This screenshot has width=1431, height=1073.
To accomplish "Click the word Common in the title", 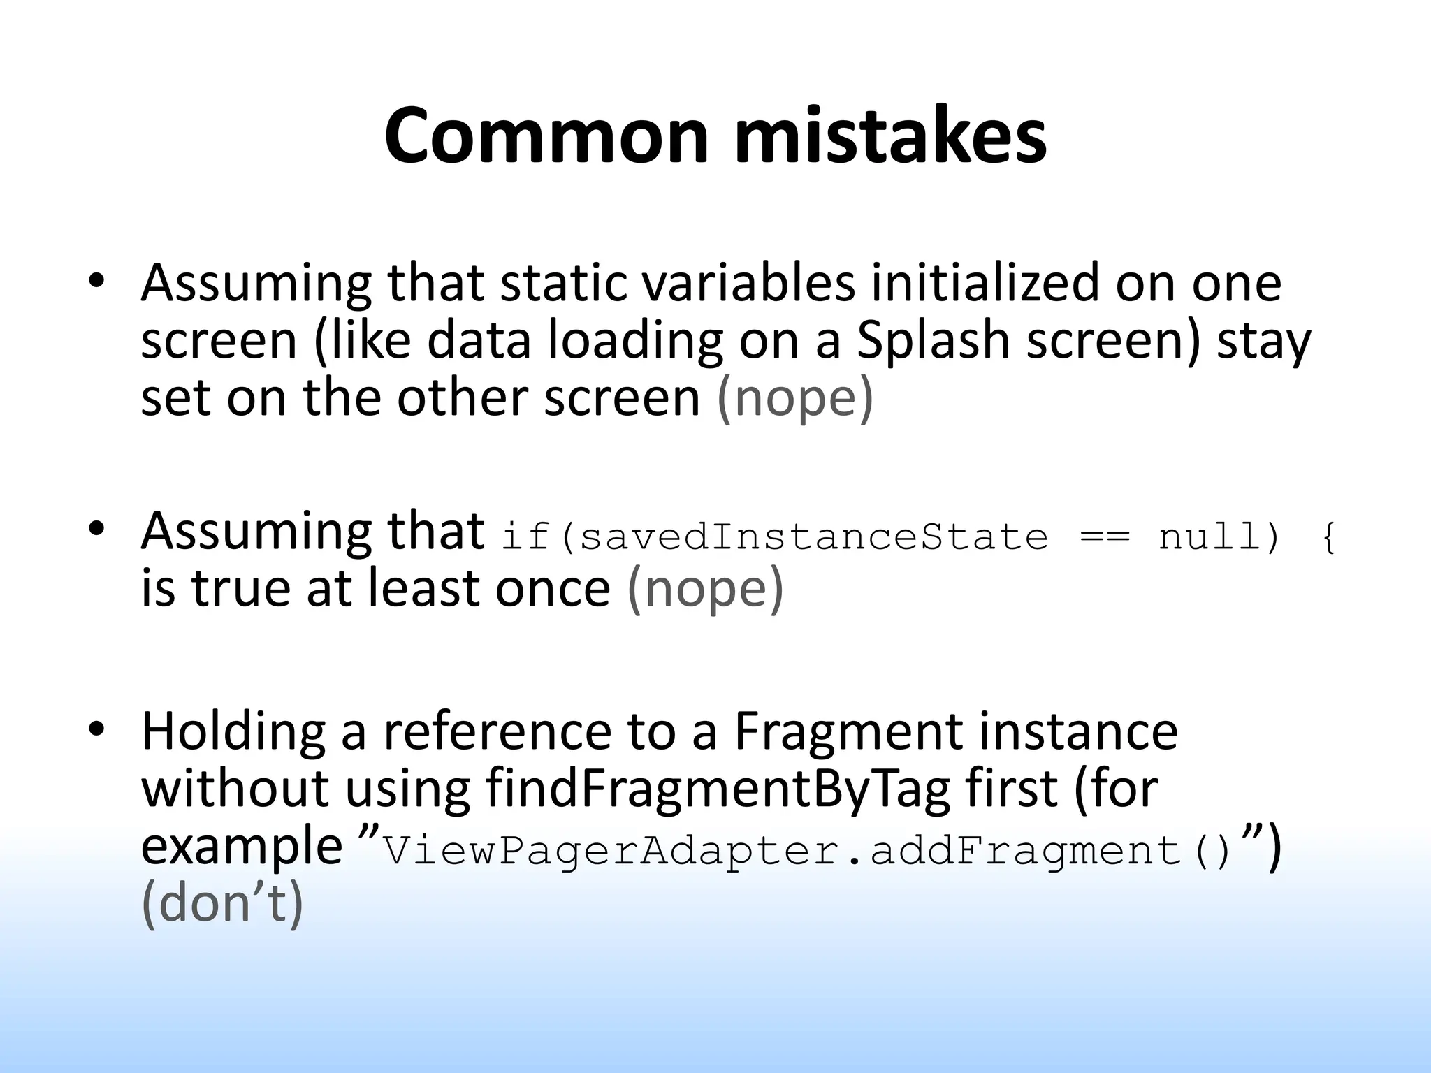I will (546, 137).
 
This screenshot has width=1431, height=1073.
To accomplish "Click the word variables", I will (748, 284).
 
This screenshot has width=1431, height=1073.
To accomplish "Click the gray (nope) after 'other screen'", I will (795, 399).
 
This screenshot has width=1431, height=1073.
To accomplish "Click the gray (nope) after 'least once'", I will (706, 589).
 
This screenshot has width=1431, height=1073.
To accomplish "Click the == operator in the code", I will (1104, 537).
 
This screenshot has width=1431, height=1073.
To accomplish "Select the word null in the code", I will (1211, 537).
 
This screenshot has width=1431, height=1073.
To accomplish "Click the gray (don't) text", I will (222, 904).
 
